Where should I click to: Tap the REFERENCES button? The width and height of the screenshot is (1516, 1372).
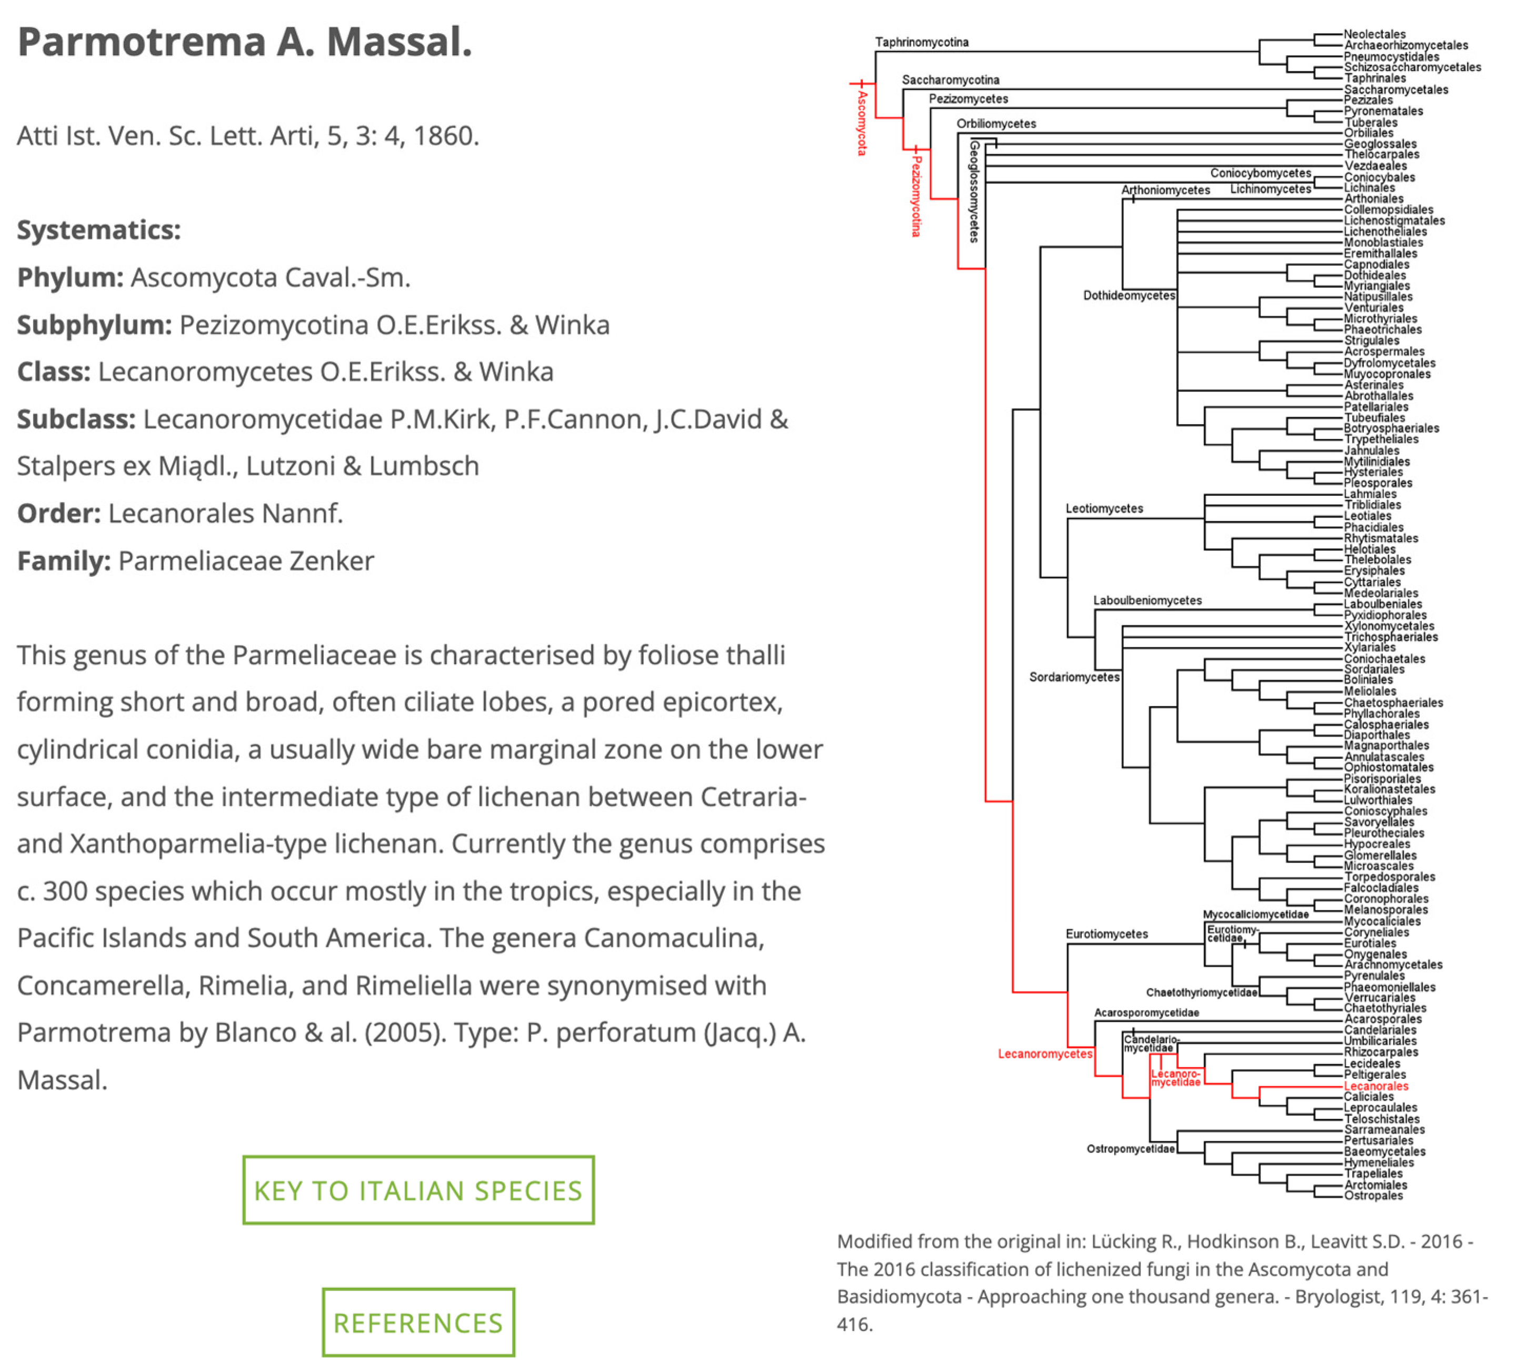(x=418, y=1323)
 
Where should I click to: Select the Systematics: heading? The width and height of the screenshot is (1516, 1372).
(x=98, y=230)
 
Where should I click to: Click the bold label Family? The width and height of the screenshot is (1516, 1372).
(x=64, y=561)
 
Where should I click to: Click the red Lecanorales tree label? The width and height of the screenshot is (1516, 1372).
(x=1376, y=1086)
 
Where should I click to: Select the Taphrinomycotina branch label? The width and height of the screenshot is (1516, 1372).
(x=921, y=42)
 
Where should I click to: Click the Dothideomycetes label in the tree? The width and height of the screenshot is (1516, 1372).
(x=1129, y=295)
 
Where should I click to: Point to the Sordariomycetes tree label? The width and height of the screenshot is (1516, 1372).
(x=1074, y=677)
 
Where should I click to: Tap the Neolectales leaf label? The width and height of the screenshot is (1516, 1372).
(x=1374, y=34)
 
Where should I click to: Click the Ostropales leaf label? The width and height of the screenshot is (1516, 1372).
(x=1373, y=1195)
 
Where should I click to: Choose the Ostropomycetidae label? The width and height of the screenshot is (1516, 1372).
(x=1130, y=1149)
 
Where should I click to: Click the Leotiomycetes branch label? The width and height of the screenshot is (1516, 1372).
(x=1104, y=508)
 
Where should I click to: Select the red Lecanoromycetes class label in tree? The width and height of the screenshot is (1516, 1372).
(x=1044, y=1054)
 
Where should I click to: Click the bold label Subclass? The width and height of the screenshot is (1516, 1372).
(x=76, y=419)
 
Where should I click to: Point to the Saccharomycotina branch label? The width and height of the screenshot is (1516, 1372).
(x=951, y=79)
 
